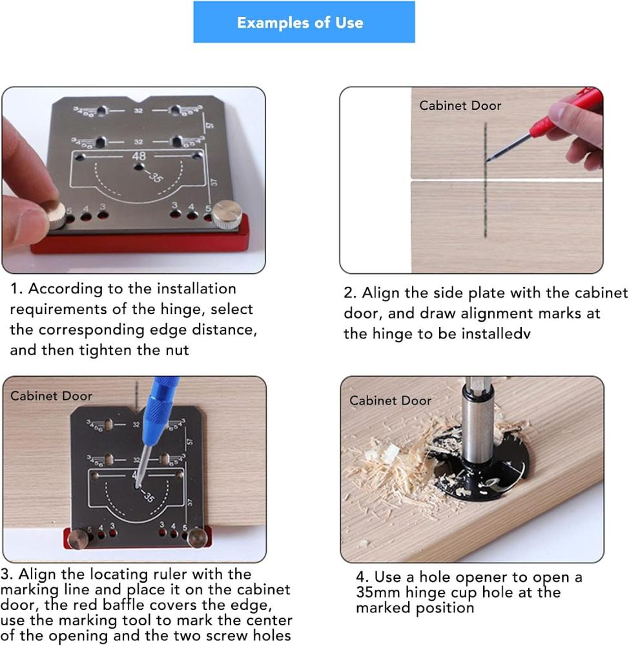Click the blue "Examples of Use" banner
coord(304,22)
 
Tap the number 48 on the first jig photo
coord(139,156)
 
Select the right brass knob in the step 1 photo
coord(226,214)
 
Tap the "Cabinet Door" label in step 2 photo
coord(460,105)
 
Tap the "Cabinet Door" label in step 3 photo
coord(51,396)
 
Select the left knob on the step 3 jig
coord(78,539)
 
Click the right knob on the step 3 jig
coord(198,538)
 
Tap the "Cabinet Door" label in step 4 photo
coord(390,401)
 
